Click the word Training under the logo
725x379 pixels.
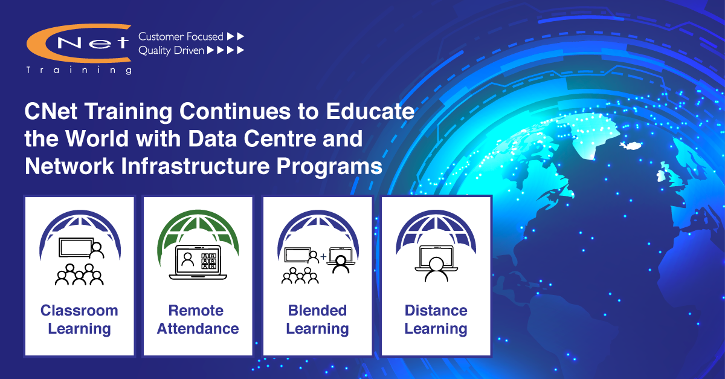[x=79, y=70]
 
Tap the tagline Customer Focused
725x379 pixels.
[x=181, y=36]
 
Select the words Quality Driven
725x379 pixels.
[x=171, y=51]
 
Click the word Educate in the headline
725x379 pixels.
[x=370, y=111]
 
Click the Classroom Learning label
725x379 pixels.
[x=79, y=319]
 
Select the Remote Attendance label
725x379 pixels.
[x=198, y=319]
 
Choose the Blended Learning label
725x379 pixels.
[x=317, y=319]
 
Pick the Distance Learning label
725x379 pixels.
[x=436, y=319]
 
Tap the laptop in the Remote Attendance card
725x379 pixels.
[x=198, y=262]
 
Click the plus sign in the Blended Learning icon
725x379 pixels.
[x=323, y=257]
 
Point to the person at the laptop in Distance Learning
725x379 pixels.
[x=436, y=269]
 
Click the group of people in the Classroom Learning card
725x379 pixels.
[x=79, y=274]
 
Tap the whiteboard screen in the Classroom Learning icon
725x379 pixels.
[x=76, y=248]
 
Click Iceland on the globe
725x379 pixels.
[x=631, y=146]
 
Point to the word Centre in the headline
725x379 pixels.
[x=280, y=138]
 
